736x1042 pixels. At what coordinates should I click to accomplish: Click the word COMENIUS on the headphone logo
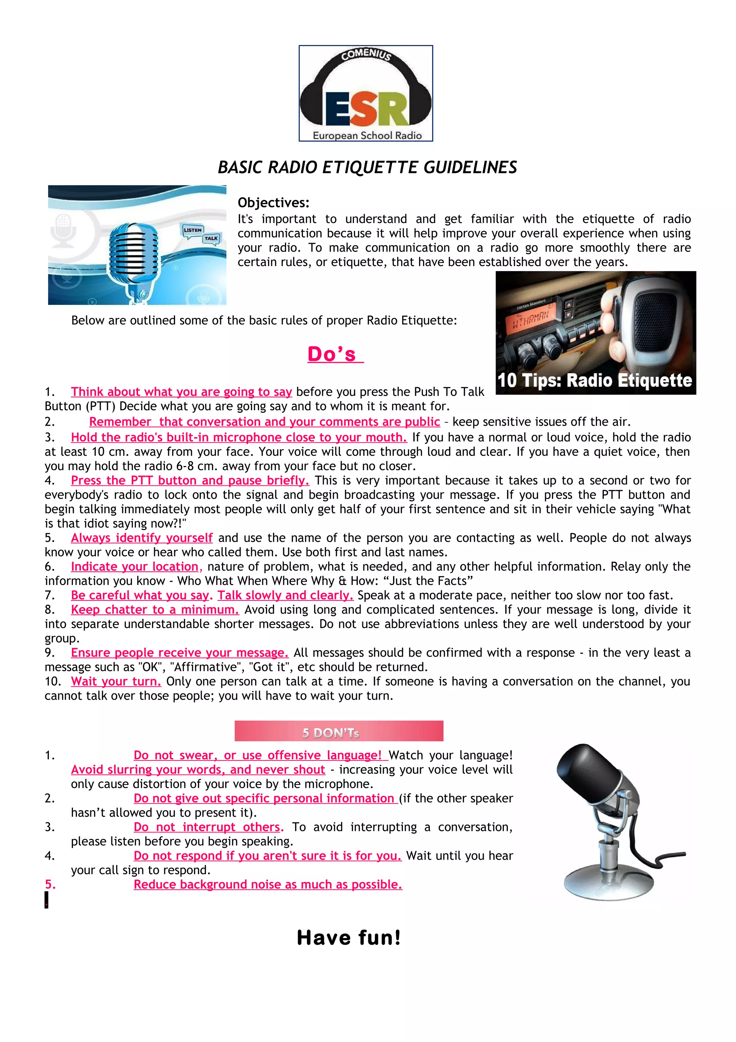pyautogui.click(x=366, y=54)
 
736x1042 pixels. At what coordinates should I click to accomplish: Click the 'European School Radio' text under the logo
pyautogui.click(x=367, y=135)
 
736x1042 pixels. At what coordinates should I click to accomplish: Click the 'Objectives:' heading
pyautogui.click(x=273, y=202)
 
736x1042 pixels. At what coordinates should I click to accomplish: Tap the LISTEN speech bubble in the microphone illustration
pyautogui.click(x=192, y=230)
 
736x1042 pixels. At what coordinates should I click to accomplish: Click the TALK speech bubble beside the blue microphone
pyautogui.click(x=211, y=238)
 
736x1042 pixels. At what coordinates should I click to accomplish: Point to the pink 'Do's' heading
pyautogui.click(x=335, y=354)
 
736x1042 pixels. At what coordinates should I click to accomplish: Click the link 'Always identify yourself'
pyautogui.click(x=142, y=538)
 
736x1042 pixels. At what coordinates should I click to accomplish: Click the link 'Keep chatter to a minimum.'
pyautogui.click(x=155, y=609)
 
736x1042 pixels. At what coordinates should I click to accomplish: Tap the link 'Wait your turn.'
pyautogui.click(x=116, y=681)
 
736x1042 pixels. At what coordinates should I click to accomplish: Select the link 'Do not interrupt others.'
pyautogui.click(x=208, y=827)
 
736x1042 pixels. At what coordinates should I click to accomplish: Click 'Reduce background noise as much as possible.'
pyautogui.click(x=267, y=885)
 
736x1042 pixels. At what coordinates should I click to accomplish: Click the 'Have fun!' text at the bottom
pyautogui.click(x=349, y=938)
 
